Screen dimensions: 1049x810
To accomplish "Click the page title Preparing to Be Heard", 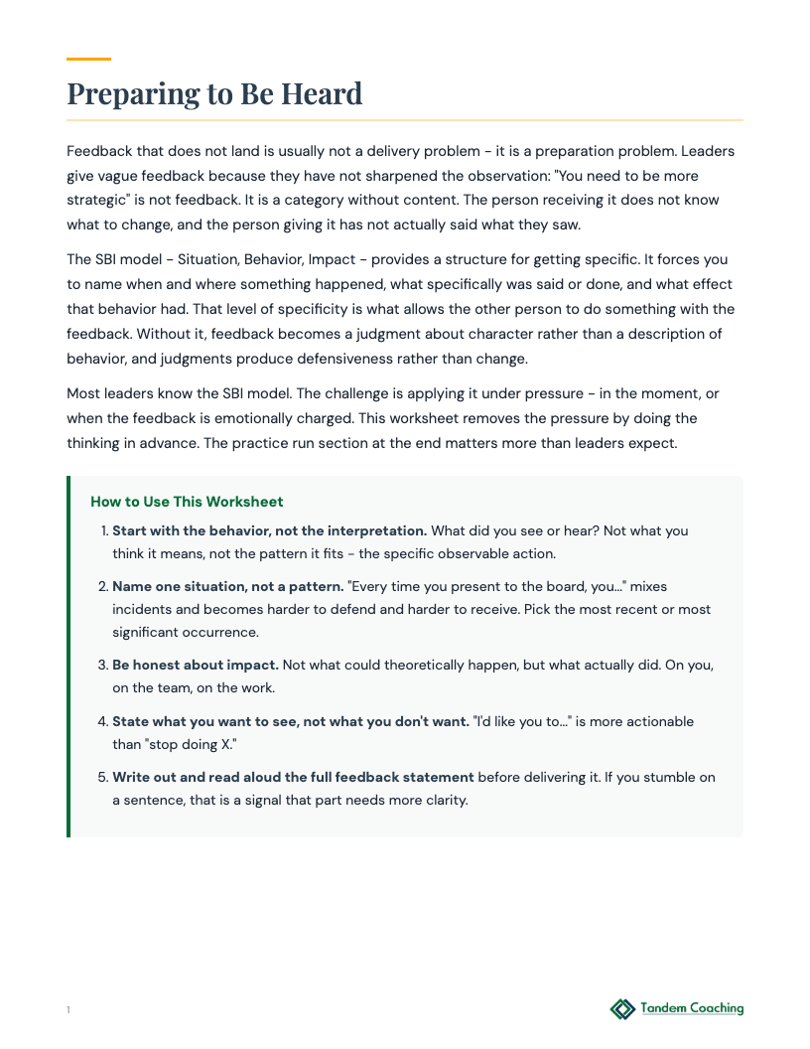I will [x=214, y=93].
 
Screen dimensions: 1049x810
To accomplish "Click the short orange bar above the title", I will [x=88, y=59].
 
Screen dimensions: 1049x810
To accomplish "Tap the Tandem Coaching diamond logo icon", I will [x=622, y=1009].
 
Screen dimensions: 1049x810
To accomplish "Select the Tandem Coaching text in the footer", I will [x=692, y=1008].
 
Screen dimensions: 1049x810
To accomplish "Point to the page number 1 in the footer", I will [x=68, y=1010].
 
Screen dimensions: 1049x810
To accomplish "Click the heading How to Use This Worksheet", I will [x=187, y=502].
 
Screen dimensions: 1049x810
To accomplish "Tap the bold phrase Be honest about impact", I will [x=196, y=665].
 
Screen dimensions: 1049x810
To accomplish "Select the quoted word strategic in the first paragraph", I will [x=99, y=200].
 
